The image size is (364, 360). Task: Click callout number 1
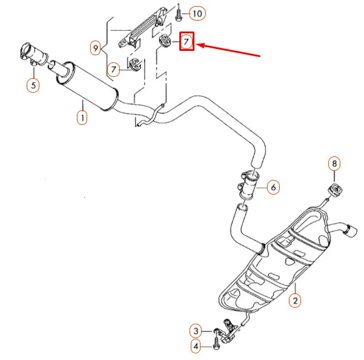pyautogui.click(x=81, y=117)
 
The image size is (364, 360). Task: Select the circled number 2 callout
pyautogui.click(x=295, y=300)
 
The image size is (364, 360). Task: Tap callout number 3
pyautogui.click(x=196, y=331)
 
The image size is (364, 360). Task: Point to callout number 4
pyautogui.click(x=196, y=347)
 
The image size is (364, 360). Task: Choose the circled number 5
pyautogui.click(x=33, y=85)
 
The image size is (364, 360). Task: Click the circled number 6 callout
pyautogui.click(x=273, y=188)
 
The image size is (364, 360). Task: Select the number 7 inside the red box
pyautogui.click(x=187, y=42)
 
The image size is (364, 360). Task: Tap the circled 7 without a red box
pyautogui.click(x=113, y=70)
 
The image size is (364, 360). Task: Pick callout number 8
pyautogui.click(x=335, y=163)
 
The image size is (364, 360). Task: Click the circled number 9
pyautogui.click(x=96, y=47)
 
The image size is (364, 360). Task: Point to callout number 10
pyautogui.click(x=197, y=13)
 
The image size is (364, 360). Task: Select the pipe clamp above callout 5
pyautogui.click(x=29, y=50)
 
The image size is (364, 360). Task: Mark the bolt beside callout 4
pyautogui.click(x=216, y=347)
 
